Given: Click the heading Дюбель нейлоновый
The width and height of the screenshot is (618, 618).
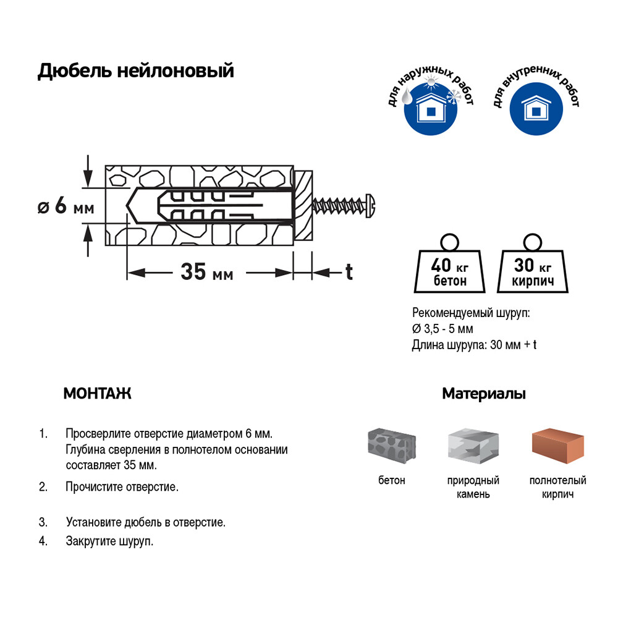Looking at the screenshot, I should [x=136, y=71].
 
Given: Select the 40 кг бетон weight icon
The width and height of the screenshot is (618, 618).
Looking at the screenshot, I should [x=449, y=269].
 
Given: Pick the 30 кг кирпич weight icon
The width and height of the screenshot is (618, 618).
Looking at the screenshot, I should [x=533, y=269].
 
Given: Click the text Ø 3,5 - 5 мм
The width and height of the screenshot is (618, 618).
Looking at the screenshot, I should [x=442, y=329].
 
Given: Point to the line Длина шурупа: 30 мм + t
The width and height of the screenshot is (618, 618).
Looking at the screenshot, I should [x=474, y=345].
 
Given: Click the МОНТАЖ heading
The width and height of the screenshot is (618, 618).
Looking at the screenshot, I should [x=97, y=394].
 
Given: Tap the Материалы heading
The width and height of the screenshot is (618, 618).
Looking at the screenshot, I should [x=484, y=394].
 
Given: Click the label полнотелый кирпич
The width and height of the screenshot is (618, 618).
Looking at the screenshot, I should [x=557, y=487].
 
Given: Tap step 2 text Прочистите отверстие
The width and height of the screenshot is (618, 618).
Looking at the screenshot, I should [x=122, y=487].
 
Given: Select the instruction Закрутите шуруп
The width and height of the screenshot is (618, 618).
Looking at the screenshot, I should [x=109, y=541].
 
